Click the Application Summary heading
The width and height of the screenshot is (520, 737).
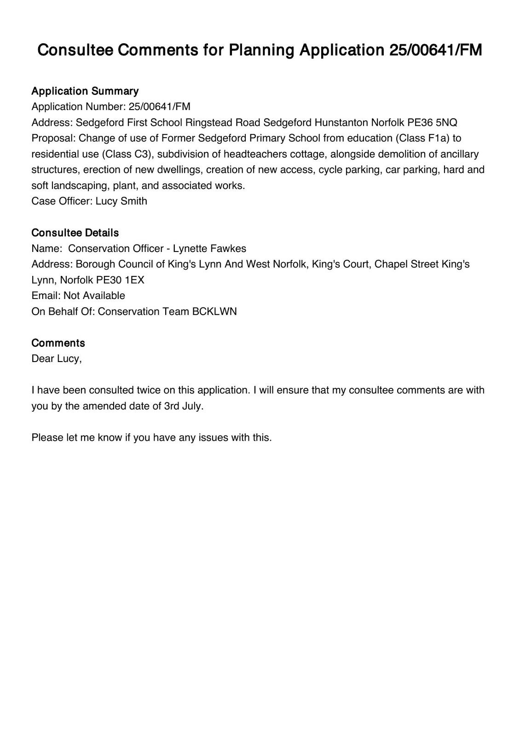[x=85, y=91]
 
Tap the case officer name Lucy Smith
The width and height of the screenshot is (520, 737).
[x=121, y=201]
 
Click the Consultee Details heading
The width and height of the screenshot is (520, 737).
[x=75, y=233]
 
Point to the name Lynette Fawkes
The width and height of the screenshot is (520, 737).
[x=209, y=249]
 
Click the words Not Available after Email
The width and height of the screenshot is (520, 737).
[x=94, y=296]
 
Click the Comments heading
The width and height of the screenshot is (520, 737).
[x=58, y=343]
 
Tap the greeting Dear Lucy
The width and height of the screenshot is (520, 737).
[x=56, y=358]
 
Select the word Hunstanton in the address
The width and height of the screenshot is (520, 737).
[x=341, y=123]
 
